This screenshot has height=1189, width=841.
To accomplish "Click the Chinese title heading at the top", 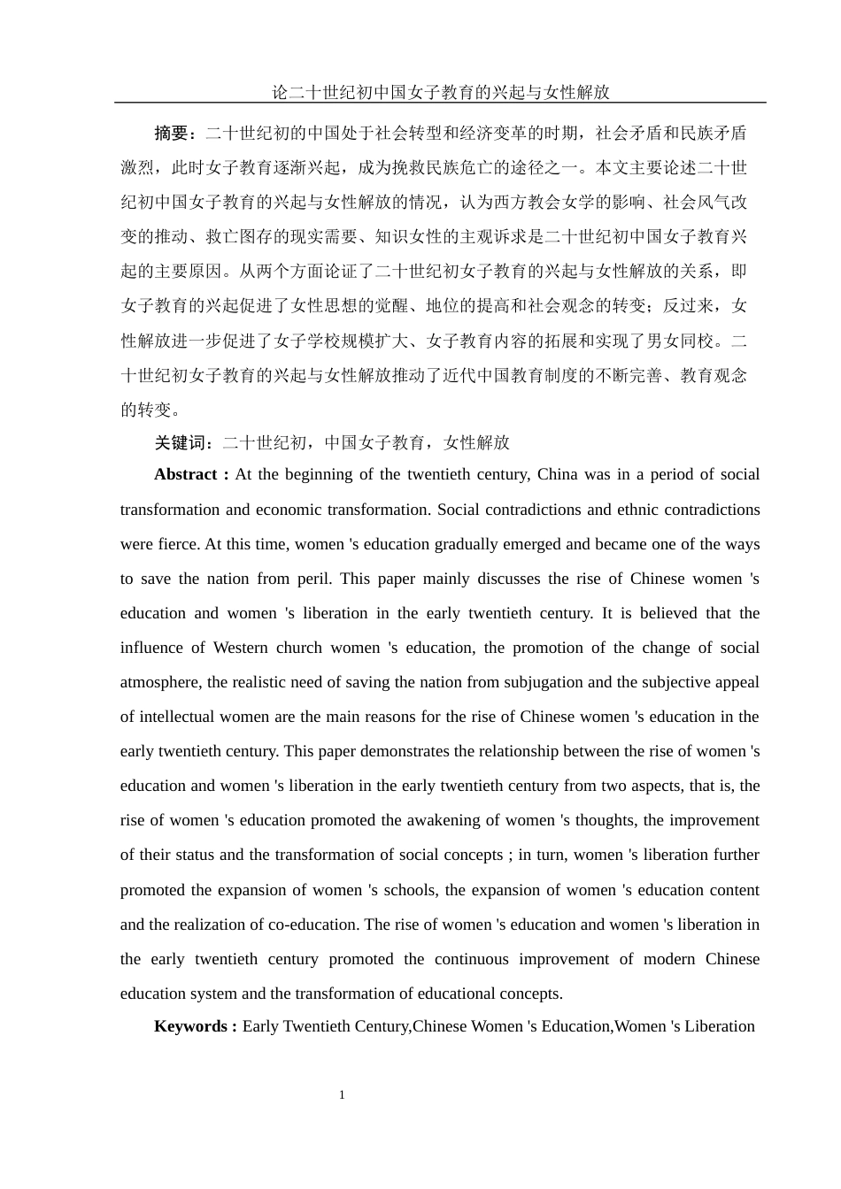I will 440,92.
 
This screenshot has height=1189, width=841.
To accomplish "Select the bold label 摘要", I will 173,134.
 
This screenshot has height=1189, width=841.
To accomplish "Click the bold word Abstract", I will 186,474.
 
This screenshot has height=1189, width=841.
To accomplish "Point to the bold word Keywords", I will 190,1026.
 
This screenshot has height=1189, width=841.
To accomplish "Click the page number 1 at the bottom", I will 342,1095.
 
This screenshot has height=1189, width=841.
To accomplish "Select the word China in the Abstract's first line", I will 558,474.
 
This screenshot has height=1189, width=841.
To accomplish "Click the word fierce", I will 180,544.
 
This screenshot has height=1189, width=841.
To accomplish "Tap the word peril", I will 313,579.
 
